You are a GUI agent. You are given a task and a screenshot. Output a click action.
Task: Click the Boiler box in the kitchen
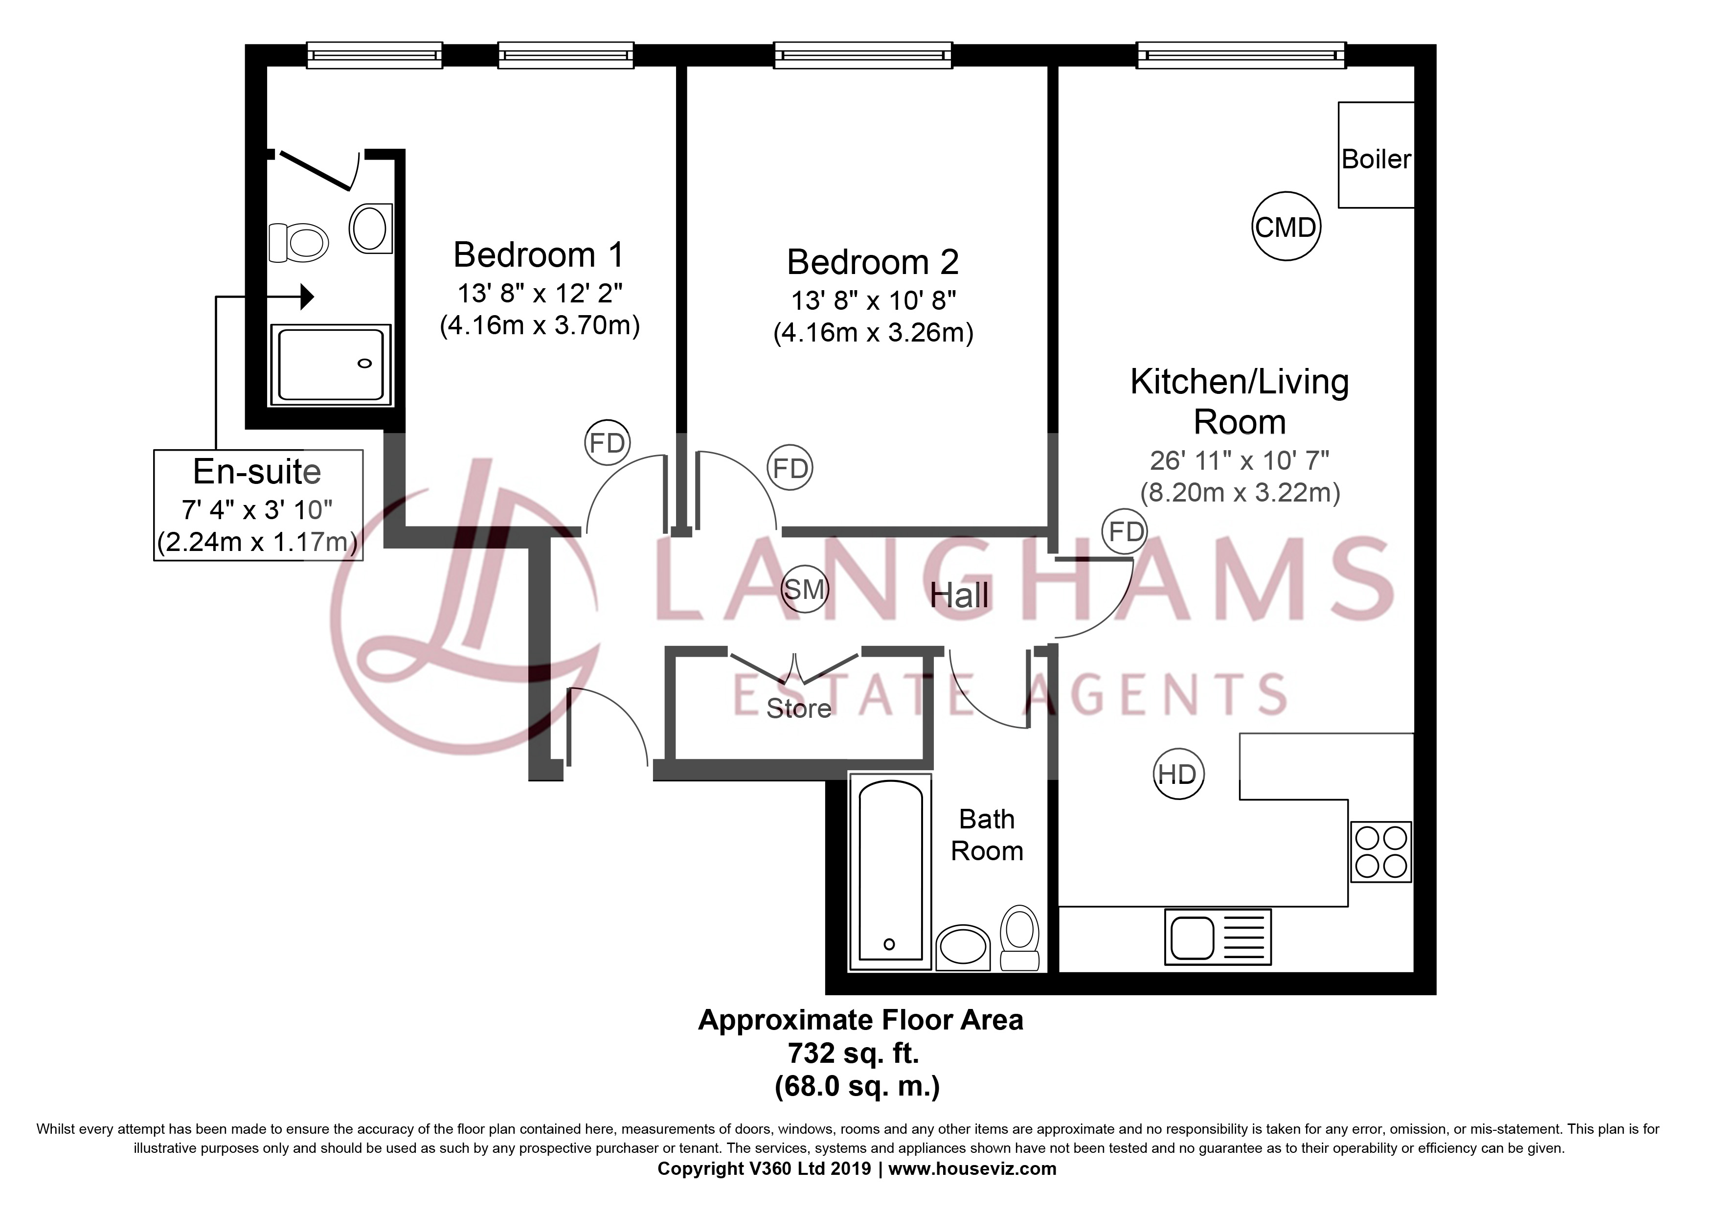tap(1376, 155)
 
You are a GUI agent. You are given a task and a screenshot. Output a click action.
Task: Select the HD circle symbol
tap(1178, 774)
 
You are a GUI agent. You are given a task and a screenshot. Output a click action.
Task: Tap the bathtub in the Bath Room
tap(889, 873)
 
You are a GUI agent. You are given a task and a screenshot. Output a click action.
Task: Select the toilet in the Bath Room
tap(1019, 938)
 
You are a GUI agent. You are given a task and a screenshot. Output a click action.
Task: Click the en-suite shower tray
tap(330, 365)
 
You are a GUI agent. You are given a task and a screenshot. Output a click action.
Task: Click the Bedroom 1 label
tap(538, 255)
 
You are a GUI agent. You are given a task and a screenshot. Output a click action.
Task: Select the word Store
tap(798, 708)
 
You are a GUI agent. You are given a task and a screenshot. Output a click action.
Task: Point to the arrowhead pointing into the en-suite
tap(306, 297)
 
